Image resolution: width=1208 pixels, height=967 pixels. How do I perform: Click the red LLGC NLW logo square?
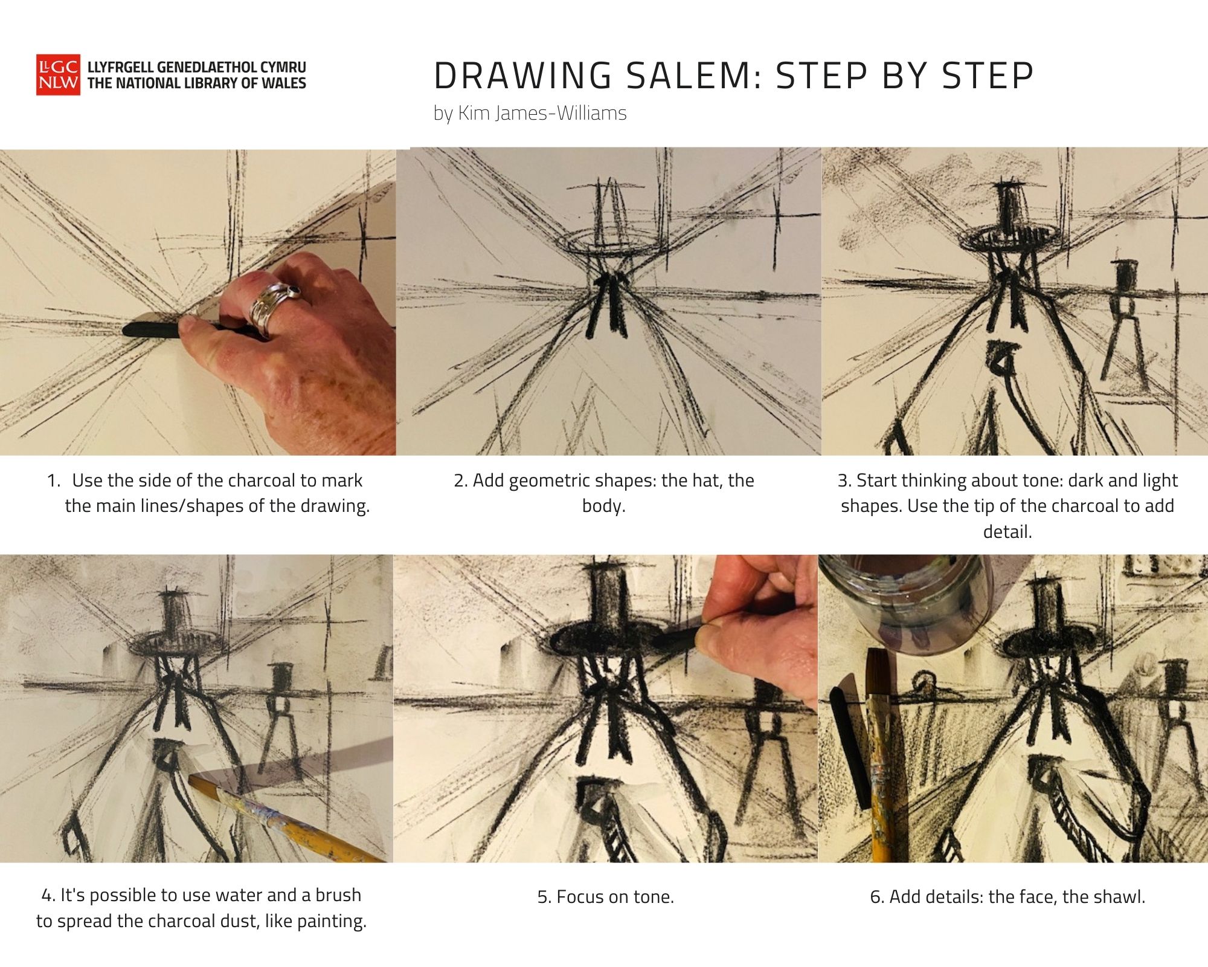58,75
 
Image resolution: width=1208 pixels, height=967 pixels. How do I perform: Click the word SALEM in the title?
693,76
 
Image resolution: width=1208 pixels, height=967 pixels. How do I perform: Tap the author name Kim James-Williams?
542,113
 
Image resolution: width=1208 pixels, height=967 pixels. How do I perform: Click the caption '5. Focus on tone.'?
606,897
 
